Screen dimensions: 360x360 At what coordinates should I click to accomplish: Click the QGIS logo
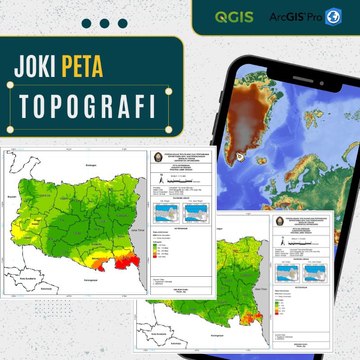234,17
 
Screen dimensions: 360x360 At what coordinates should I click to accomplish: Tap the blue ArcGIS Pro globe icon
333,17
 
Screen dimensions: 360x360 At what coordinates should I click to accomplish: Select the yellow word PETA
82,66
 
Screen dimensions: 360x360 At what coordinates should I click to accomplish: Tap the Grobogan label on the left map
91,166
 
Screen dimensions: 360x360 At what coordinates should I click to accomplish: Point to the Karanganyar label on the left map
88,280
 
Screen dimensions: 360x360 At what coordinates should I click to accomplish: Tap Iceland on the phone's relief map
263,160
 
